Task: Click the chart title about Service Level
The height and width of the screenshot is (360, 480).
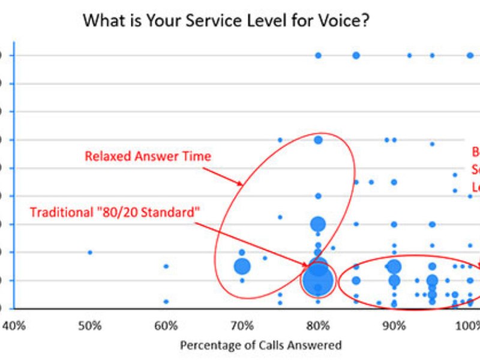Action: tap(226, 21)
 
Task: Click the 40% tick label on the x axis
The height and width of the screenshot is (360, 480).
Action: tap(14, 326)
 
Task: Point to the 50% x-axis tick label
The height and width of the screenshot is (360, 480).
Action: tap(90, 326)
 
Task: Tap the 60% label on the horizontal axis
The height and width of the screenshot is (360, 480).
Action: tap(166, 326)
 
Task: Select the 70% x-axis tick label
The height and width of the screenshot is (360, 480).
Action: tap(242, 326)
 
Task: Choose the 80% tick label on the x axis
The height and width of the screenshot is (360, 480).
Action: tap(318, 326)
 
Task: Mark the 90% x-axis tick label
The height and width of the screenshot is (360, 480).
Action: tap(394, 326)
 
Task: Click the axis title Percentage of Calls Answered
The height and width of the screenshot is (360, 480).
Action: tap(261, 345)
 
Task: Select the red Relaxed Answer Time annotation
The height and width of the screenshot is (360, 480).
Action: tap(148, 157)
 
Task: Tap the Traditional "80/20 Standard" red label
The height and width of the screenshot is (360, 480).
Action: tap(115, 212)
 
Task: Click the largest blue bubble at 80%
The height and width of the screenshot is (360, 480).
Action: tap(318, 280)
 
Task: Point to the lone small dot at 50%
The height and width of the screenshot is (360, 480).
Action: tap(90, 252)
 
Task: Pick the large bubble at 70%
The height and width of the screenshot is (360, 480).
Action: tap(242, 266)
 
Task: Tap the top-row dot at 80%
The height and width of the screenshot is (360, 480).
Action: tap(318, 55)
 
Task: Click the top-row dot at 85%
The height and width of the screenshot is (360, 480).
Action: tap(356, 55)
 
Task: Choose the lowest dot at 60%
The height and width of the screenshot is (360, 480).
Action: tap(166, 301)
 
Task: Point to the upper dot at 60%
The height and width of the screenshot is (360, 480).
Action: tap(166, 266)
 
